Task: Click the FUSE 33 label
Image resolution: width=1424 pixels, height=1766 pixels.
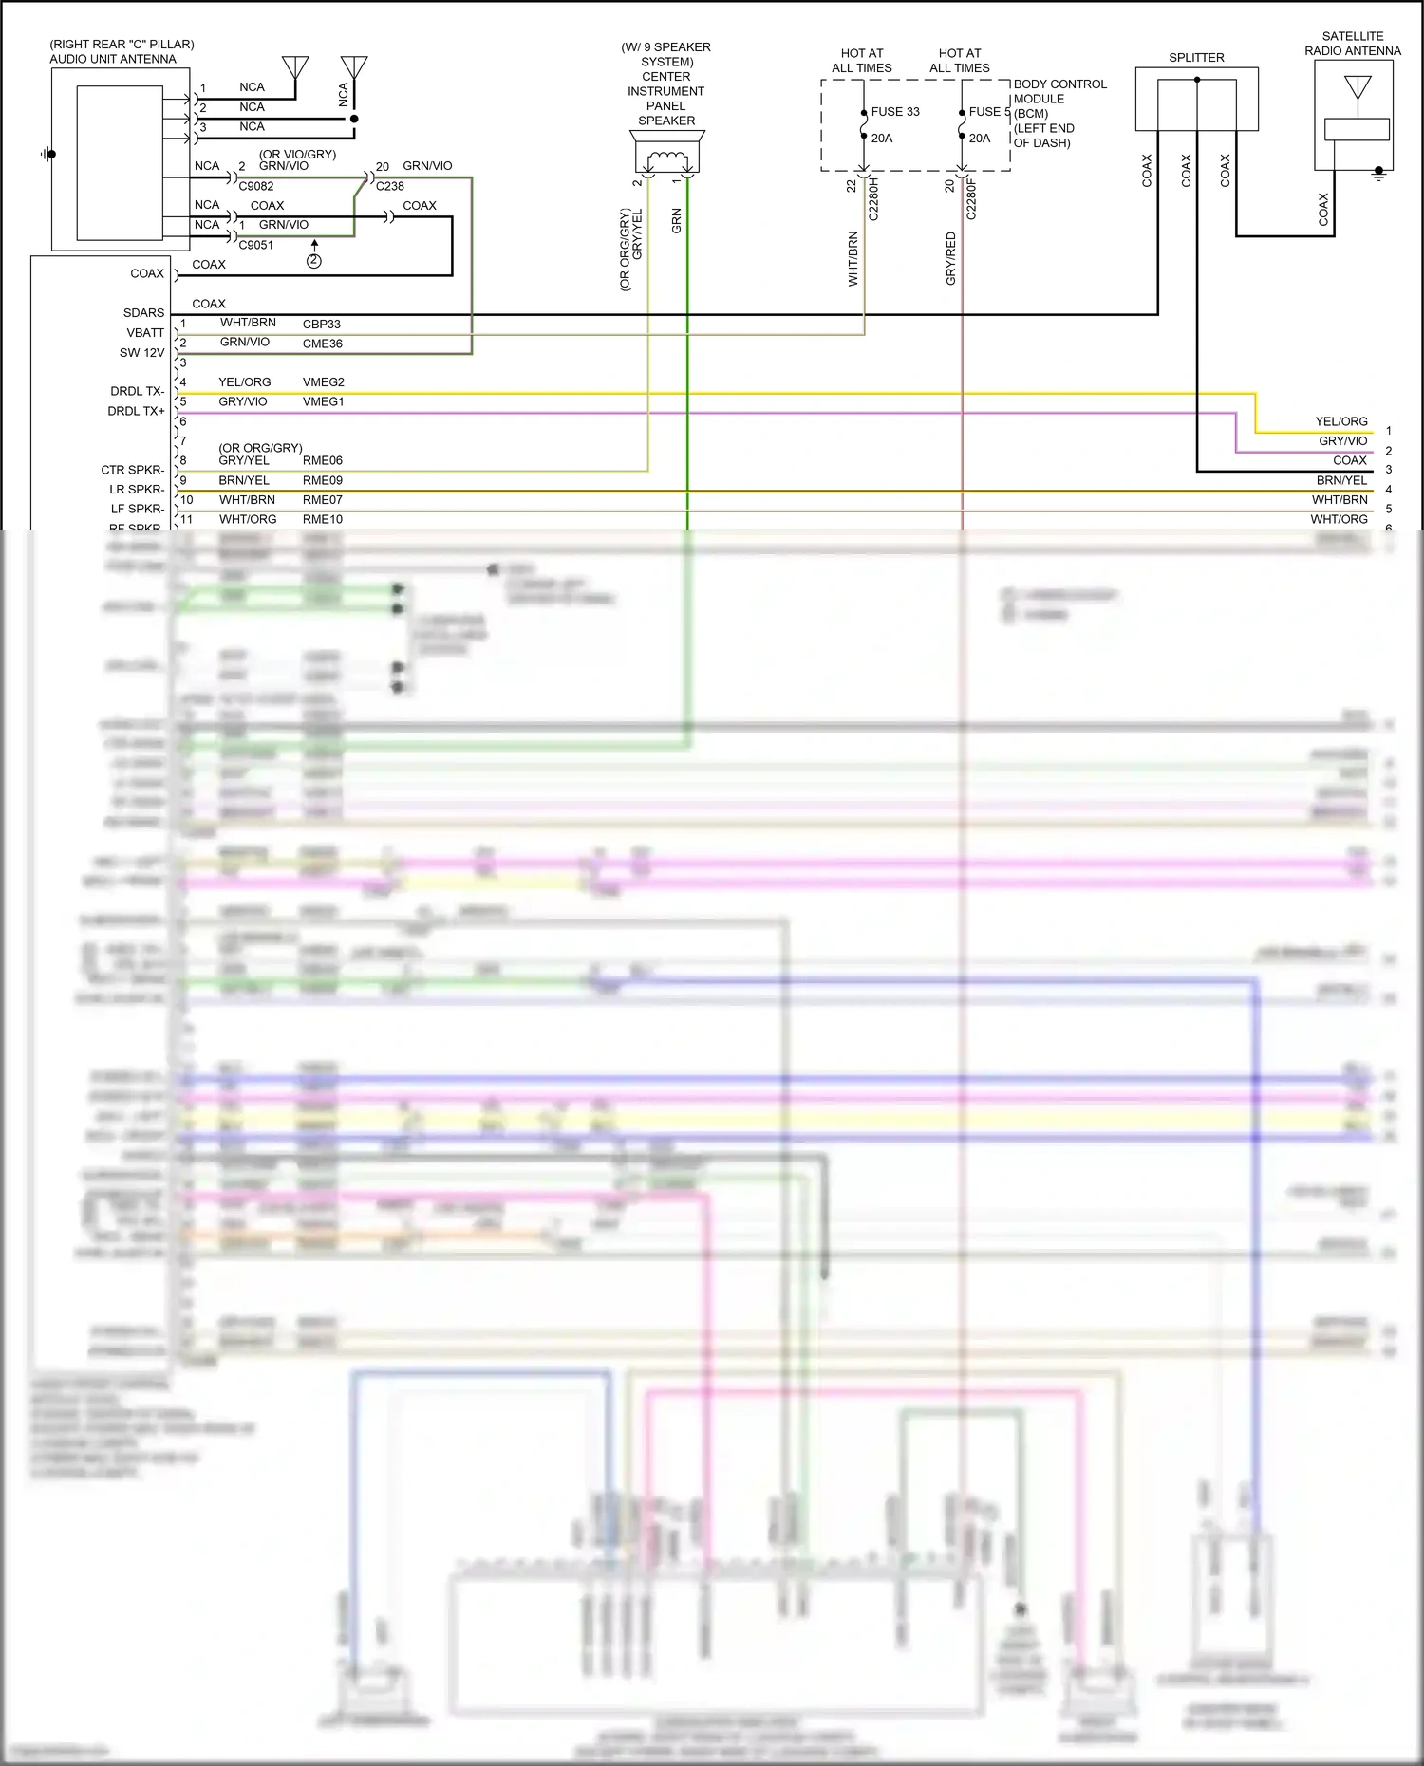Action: coord(894,111)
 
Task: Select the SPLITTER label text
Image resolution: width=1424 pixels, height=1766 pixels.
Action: coord(1196,58)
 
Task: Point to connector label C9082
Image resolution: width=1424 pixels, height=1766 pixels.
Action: coord(256,187)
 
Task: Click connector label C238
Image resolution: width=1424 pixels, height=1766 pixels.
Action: coord(390,187)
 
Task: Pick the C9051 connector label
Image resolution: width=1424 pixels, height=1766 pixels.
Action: coord(256,245)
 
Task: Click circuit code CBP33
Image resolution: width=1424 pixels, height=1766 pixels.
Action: coord(322,325)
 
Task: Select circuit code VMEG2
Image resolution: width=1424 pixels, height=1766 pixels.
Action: coord(324,382)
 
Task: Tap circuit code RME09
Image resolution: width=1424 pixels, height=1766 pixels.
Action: coord(323,480)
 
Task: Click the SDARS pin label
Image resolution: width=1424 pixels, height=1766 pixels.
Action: coord(143,312)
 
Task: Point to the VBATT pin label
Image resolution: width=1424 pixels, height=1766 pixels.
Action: coord(145,332)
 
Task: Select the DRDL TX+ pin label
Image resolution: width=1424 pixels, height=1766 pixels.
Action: coord(136,411)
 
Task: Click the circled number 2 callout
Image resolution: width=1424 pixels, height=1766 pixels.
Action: coord(314,261)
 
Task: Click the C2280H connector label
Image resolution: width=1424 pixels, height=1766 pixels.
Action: coord(874,200)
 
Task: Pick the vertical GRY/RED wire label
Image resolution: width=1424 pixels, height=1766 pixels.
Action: coord(951,258)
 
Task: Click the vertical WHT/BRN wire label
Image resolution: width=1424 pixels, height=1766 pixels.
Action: coord(853,258)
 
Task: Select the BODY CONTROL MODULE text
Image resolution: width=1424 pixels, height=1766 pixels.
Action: coord(1059,91)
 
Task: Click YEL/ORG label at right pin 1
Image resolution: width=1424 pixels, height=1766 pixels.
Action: coord(1340,421)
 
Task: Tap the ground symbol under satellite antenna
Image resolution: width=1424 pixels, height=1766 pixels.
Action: coord(1379,173)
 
